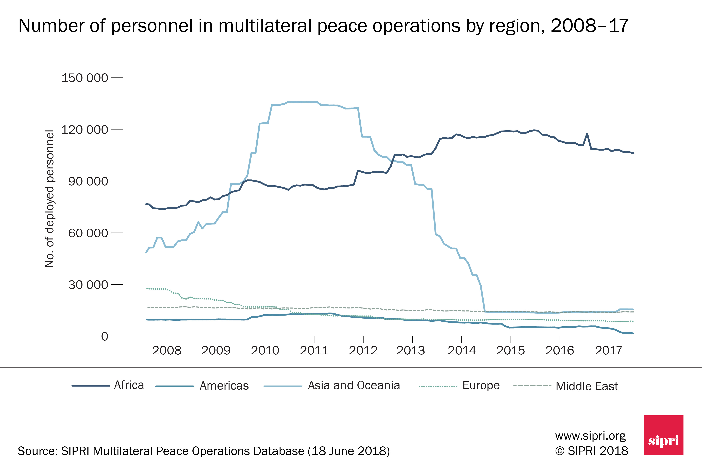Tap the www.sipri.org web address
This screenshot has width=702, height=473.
click(590, 436)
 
